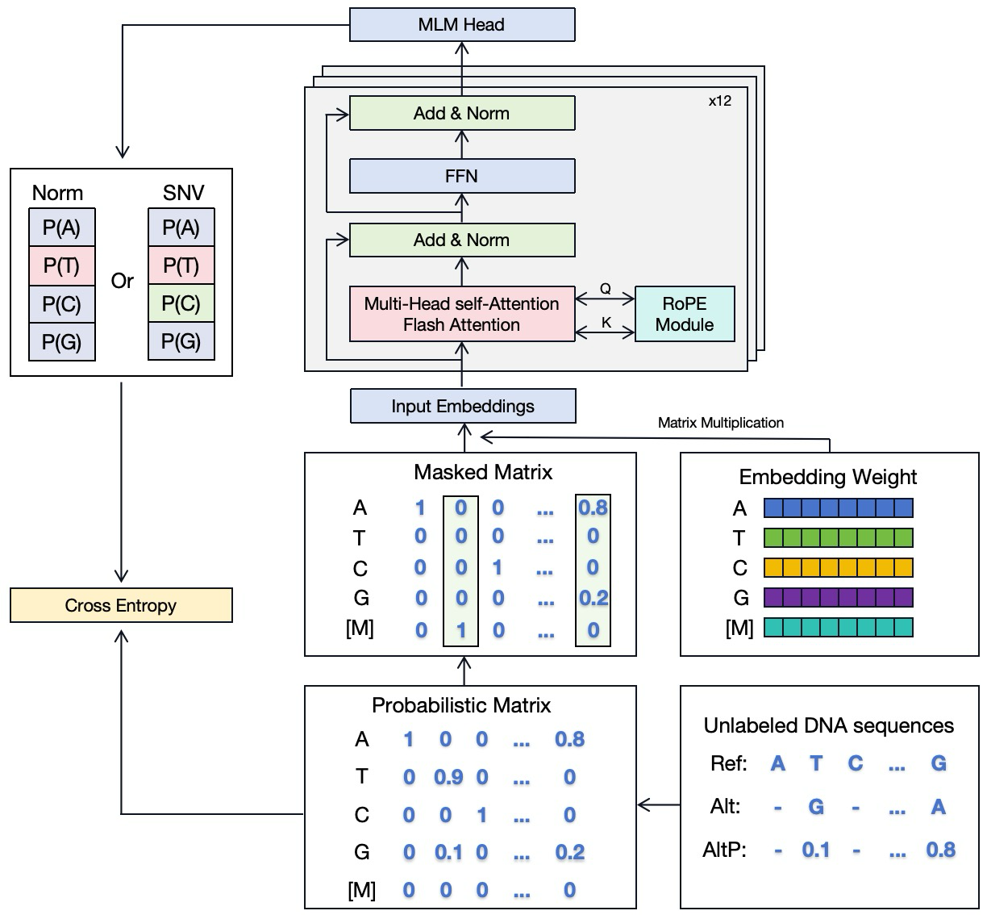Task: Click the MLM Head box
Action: pos(461,25)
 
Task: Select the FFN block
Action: pos(461,176)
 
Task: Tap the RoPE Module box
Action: pos(685,314)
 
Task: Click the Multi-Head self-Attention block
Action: pos(461,314)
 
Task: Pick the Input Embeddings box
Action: pos(463,406)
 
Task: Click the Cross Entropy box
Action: pos(121,605)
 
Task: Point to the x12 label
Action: pos(719,102)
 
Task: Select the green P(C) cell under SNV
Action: pos(181,303)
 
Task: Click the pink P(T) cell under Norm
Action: pos(61,265)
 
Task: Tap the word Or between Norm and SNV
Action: pos(122,281)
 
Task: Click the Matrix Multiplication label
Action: pos(720,422)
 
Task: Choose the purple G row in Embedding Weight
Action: pos(838,598)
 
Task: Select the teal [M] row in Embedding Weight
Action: pos(838,628)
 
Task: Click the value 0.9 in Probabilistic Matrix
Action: pos(448,777)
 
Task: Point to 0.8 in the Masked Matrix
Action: pos(593,508)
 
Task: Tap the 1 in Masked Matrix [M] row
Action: pos(461,630)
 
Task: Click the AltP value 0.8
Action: pos(940,850)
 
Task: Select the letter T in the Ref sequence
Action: pos(816,763)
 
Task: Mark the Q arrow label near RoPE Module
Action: pos(606,288)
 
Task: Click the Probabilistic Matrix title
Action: pos(461,705)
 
